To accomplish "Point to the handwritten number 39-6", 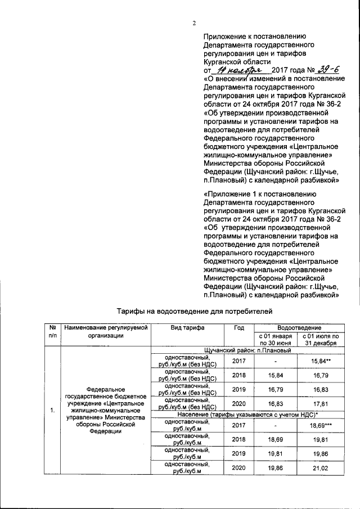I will tap(328, 69).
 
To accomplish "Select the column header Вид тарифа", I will tap(188, 327).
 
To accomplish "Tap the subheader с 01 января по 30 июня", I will tap(276, 339).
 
